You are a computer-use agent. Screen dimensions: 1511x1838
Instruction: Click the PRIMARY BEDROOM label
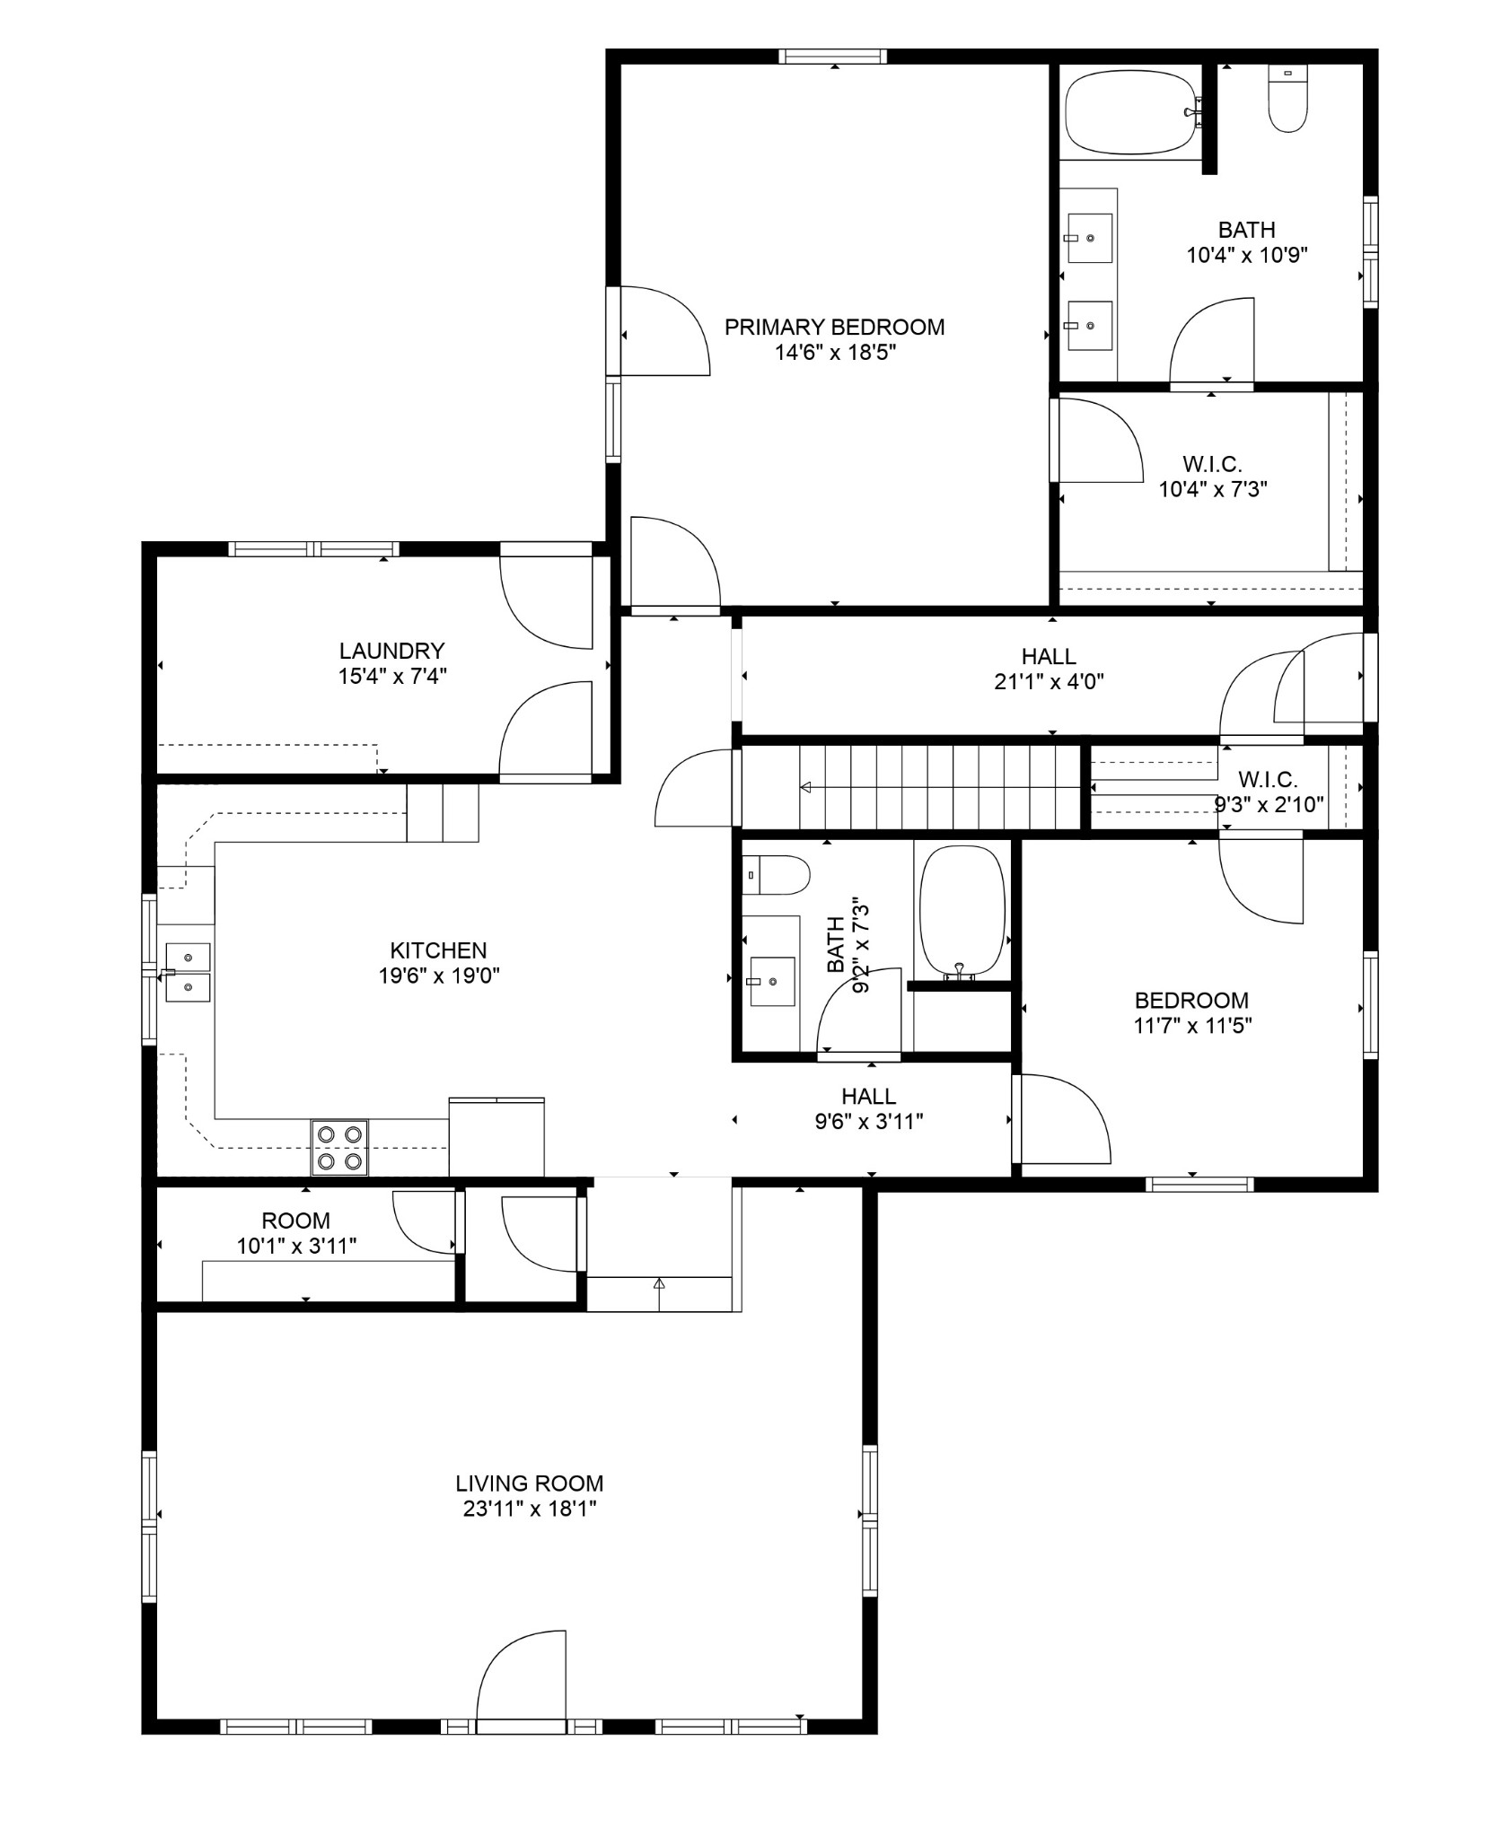834,327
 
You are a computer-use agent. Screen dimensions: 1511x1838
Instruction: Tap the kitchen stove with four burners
339,1147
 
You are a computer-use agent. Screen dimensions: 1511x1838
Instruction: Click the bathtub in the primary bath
1132,113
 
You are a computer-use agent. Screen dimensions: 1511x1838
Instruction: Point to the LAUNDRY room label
391,650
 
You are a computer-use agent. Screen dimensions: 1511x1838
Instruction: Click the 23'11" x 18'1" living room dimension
530,1509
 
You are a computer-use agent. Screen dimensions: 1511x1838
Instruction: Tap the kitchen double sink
188,972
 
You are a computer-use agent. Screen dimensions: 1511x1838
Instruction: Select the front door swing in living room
522,1675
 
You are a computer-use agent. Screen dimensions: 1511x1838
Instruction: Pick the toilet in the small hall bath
777,874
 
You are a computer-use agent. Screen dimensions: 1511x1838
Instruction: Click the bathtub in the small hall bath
962,910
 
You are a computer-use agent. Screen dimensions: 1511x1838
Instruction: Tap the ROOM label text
296,1221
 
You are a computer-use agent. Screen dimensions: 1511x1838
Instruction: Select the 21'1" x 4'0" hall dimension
1049,681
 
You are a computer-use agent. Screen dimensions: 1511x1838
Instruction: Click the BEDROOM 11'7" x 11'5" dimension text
1192,1025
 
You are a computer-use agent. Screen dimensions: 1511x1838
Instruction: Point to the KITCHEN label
438,950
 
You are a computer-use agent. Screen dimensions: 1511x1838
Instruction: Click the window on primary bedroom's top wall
832,57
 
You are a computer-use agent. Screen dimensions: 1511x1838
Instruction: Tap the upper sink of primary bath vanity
1088,239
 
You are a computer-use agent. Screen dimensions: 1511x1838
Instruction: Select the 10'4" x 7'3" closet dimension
1212,489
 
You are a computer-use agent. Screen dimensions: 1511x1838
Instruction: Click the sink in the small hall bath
772,982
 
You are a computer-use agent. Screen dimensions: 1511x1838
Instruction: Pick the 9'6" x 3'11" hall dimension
869,1121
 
